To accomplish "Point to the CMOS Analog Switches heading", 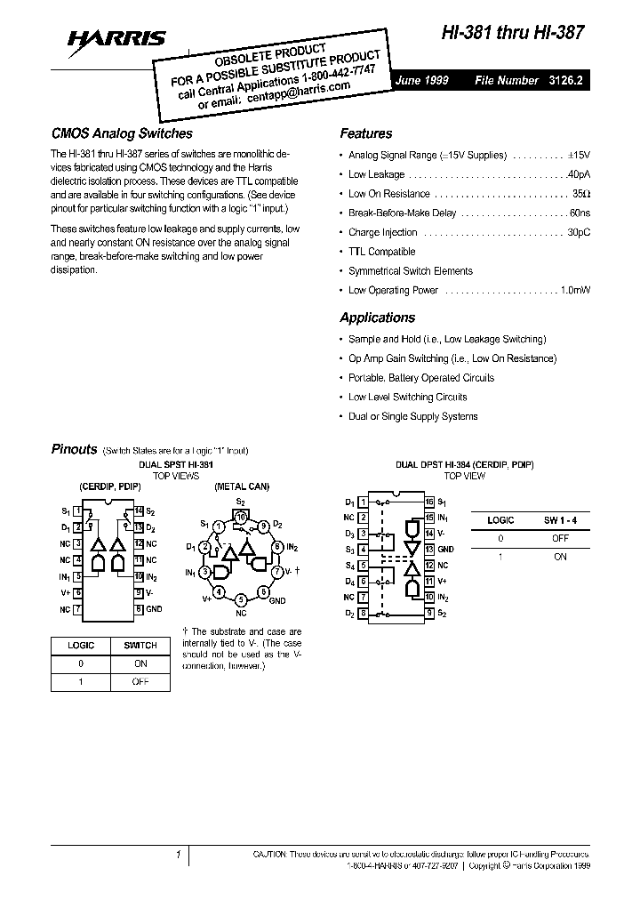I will click(x=121, y=133).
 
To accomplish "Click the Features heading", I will click(x=365, y=133).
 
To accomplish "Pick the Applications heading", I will click(x=377, y=317).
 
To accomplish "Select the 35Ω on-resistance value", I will click(x=580, y=194).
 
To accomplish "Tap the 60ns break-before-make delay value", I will click(x=580, y=213).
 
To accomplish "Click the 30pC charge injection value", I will click(x=579, y=233).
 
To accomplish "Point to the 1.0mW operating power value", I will click(x=576, y=291).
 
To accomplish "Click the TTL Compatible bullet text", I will click(x=381, y=252).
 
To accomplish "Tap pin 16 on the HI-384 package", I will click(x=428, y=502).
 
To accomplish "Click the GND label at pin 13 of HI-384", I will click(x=445, y=550).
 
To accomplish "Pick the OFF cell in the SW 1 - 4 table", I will click(x=559, y=538).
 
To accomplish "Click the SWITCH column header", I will click(x=140, y=645).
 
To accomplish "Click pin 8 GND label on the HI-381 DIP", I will click(x=154, y=608).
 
